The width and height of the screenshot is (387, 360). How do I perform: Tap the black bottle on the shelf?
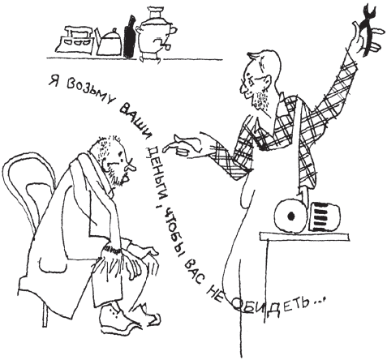pyautogui.click(x=129, y=37)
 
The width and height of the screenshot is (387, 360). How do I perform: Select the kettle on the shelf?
pyautogui.click(x=108, y=42)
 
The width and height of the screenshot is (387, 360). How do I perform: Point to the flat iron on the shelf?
pyautogui.click(x=75, y=41)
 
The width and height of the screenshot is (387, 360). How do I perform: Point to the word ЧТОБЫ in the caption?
pyautogui.click(x=172, y=229)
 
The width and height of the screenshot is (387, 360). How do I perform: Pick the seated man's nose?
pyautogui.click(x=130, y=167)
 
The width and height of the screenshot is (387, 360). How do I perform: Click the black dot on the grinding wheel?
pyautogui.click(x=291, y=216)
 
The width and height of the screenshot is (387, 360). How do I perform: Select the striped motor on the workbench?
pyautogui.click(x=325, y=217)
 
